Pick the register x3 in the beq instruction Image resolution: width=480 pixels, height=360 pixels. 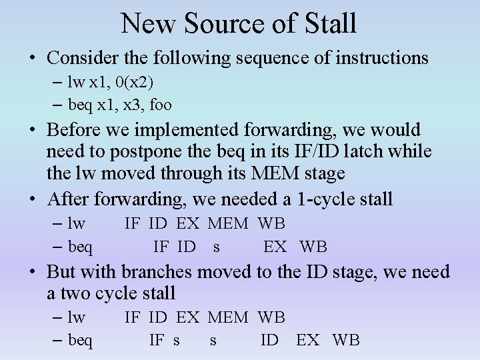[133, 105]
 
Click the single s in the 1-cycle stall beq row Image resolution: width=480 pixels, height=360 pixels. [216, 247]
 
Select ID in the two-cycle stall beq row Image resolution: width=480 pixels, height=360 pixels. [269, 341]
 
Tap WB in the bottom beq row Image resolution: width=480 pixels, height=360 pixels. [345, 341]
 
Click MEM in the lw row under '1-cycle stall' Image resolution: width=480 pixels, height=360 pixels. [227, 224]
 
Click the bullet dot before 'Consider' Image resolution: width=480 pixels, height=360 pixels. [32, 58]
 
